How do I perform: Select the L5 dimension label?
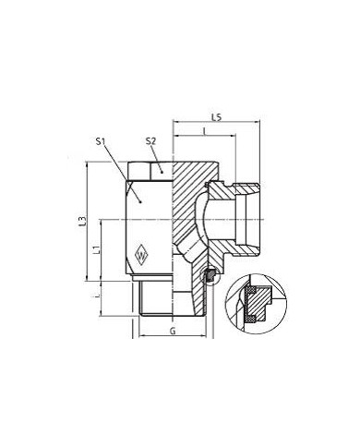215,116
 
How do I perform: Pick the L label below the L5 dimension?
204,134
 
